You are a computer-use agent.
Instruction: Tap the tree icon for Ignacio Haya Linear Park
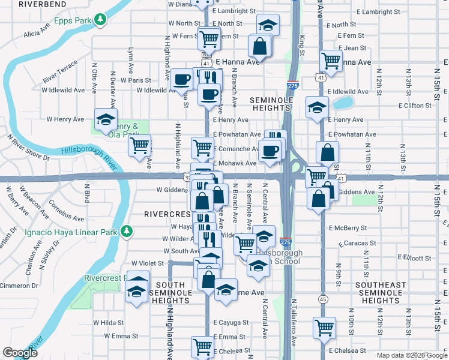(x=126, y=231)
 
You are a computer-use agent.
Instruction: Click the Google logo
(x=20, y=353)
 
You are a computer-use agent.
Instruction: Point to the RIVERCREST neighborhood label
(x=167, y=213)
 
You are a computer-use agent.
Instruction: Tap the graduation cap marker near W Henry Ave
(x=106, y=119)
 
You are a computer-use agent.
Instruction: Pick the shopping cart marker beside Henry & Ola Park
(x=140, y=145)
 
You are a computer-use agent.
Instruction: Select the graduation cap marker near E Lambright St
(x=268, y=25)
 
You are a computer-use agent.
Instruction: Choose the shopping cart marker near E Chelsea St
(x=203, y=346)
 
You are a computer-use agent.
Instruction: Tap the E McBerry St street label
(x=348, y=228)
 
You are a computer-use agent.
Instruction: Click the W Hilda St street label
(x=108, y=322)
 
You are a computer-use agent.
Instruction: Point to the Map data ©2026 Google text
(x=412, y=355)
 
